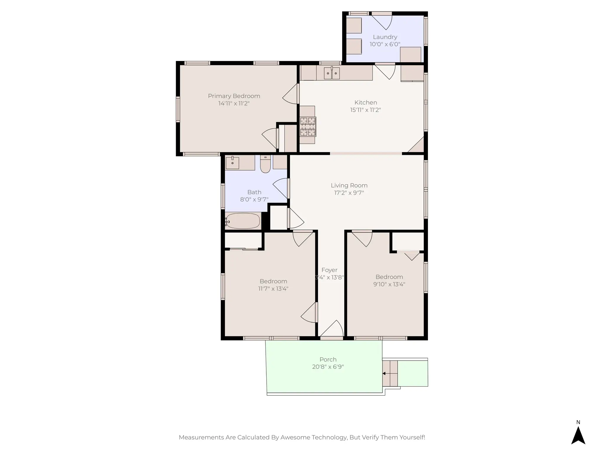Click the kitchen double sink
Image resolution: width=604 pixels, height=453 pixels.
[332, 73]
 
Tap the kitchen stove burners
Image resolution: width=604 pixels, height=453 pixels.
[308, 127]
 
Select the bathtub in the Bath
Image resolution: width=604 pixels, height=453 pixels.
[243, 221]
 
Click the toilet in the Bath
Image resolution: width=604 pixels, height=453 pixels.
[265, 165]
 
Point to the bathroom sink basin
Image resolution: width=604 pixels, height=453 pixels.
[232, 163]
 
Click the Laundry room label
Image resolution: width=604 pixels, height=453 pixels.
[385, 37]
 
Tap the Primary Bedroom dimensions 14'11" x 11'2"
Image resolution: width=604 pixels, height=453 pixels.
[234, 104]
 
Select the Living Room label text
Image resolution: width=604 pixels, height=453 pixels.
[349, 186]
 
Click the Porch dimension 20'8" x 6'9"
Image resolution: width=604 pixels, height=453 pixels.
[328, 367]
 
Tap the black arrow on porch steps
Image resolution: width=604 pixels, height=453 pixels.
[384, 373]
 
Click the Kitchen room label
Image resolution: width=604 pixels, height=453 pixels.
[365, 103]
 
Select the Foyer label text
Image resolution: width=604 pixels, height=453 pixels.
[329, 270]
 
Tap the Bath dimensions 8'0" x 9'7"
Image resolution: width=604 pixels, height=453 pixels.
[254, 200]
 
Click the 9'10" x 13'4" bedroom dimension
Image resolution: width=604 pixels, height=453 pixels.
[389, 284]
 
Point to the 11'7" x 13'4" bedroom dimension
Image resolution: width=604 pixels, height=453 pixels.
[273, 289]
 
